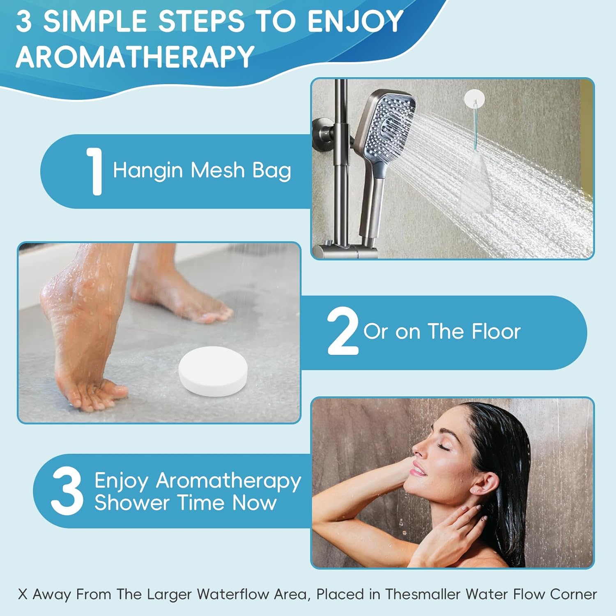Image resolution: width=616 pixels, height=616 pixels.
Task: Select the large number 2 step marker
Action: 343,331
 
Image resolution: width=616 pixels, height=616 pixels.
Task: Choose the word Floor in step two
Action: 496,331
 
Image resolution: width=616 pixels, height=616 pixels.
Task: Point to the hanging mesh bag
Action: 476,181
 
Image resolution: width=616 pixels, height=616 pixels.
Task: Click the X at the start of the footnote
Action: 23,594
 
